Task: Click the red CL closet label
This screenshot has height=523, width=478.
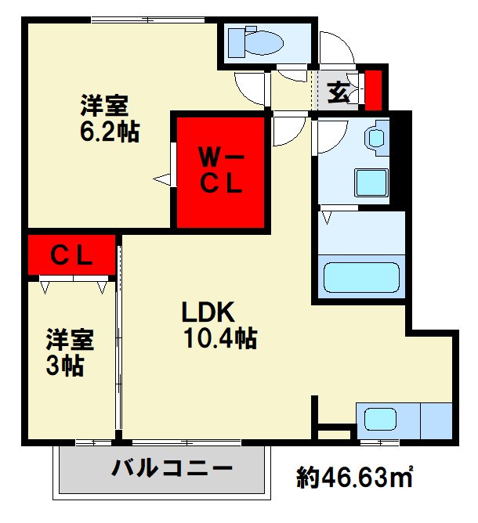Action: coord(72,255)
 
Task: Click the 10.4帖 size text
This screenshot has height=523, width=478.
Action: coord(221,338)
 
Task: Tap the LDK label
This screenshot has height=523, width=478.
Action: coord(208,312)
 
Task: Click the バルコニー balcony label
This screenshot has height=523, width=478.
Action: coord(172,469)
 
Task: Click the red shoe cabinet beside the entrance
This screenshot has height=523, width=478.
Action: coord(374,90)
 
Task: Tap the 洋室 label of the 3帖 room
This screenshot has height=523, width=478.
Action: coord(69,340)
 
